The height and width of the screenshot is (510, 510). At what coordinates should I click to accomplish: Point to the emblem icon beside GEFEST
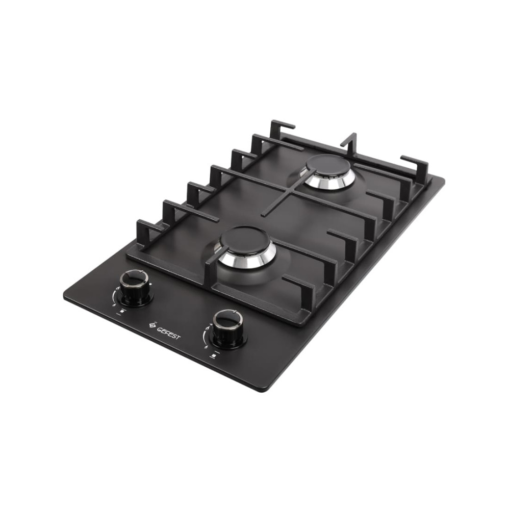[x=152, y=325]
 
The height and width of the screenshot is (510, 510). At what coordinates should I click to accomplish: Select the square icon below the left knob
[x=122, y=312]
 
